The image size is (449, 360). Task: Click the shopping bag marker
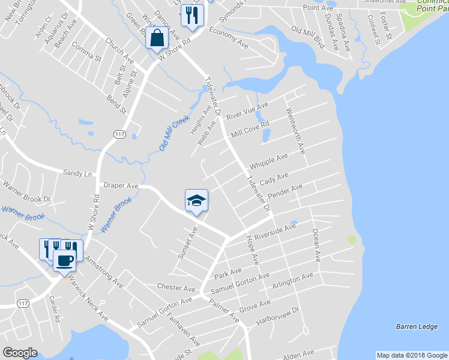pyautogui.click(x=157, y=38)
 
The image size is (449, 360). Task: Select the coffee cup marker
pyautogui.click(x=65, y=261)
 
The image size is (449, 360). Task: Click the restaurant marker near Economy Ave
pyautogui.click(x=191, y=15)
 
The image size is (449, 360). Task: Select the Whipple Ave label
pyautogui.click(x=268, y=161)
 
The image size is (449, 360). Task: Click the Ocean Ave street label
pyautogui.click(x=315, y=245)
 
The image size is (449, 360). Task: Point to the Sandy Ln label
pyautogui.click(x=77, y=173)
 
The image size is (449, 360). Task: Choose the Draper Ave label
pyautogui.click(x=121, y=187)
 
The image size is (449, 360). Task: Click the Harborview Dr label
pyautogui.click(x=278, y=316)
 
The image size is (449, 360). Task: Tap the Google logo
pyautogui.click(x=20, y=353)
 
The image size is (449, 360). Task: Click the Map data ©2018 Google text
pyautogui.click(x=411, y=355)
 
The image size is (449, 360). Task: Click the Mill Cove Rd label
pyautogui.click(x=250, y=128)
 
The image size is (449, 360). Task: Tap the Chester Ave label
pyautogui.click(x=176, y=287)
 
